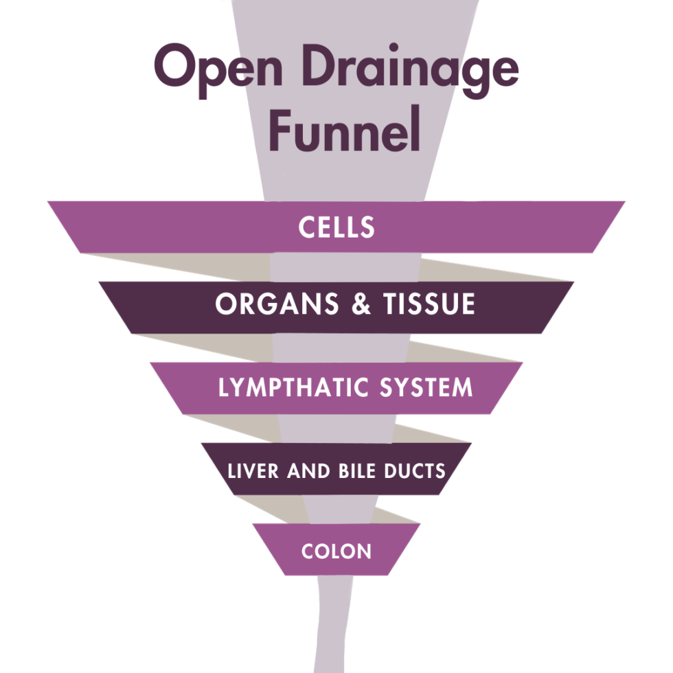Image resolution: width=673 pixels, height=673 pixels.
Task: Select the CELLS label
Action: [336, 227]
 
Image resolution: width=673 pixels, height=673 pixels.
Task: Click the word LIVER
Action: [246, 471]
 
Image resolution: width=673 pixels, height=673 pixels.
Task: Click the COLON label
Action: [336, 551]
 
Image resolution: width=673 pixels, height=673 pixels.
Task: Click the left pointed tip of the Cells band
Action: [52, 204]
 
